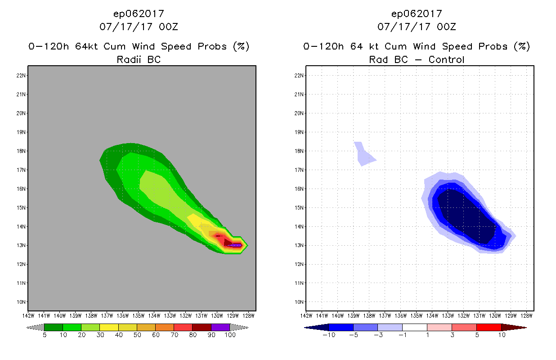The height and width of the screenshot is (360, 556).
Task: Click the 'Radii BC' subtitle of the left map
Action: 139,59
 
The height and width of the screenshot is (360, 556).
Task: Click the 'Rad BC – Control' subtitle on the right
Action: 417,59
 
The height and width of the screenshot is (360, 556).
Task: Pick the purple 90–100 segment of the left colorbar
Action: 220,327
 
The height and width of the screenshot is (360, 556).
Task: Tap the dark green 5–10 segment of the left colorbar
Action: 54,327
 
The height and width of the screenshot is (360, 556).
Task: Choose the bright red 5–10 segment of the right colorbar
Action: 489,327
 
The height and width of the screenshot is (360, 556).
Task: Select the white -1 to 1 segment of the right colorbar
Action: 415,327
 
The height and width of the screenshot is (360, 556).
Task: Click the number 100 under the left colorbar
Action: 230,335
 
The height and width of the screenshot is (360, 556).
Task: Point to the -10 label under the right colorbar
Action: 329,335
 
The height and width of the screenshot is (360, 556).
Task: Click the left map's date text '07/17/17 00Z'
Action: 139,27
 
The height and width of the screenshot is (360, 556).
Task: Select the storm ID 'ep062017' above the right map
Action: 417,13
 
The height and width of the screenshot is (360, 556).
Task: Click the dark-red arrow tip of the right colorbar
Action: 517,327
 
